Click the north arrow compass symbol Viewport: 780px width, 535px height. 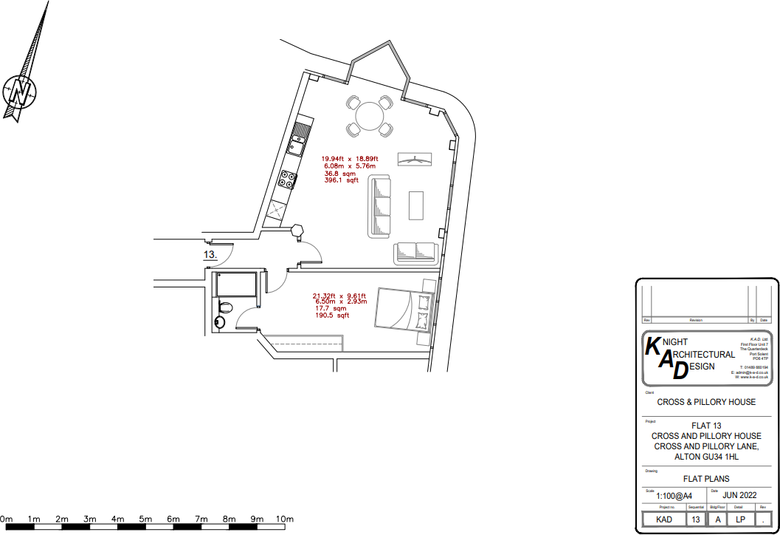click(21, 90)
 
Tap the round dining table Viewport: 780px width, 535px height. click(369, 115)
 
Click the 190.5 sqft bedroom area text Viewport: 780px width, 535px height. click(332, 316)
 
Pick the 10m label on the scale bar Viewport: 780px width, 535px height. click(285, 519)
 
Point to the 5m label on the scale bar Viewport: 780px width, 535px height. click(145, 519)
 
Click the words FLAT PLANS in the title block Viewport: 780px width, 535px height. click(706, 479)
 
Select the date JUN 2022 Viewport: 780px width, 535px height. click(740, 494)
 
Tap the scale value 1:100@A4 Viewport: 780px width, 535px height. click(674, 496)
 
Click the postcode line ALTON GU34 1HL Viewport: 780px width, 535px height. click(706, 457)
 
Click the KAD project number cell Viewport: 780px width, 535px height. click(663, 519)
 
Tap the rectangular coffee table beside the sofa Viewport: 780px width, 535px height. click(416, 205)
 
